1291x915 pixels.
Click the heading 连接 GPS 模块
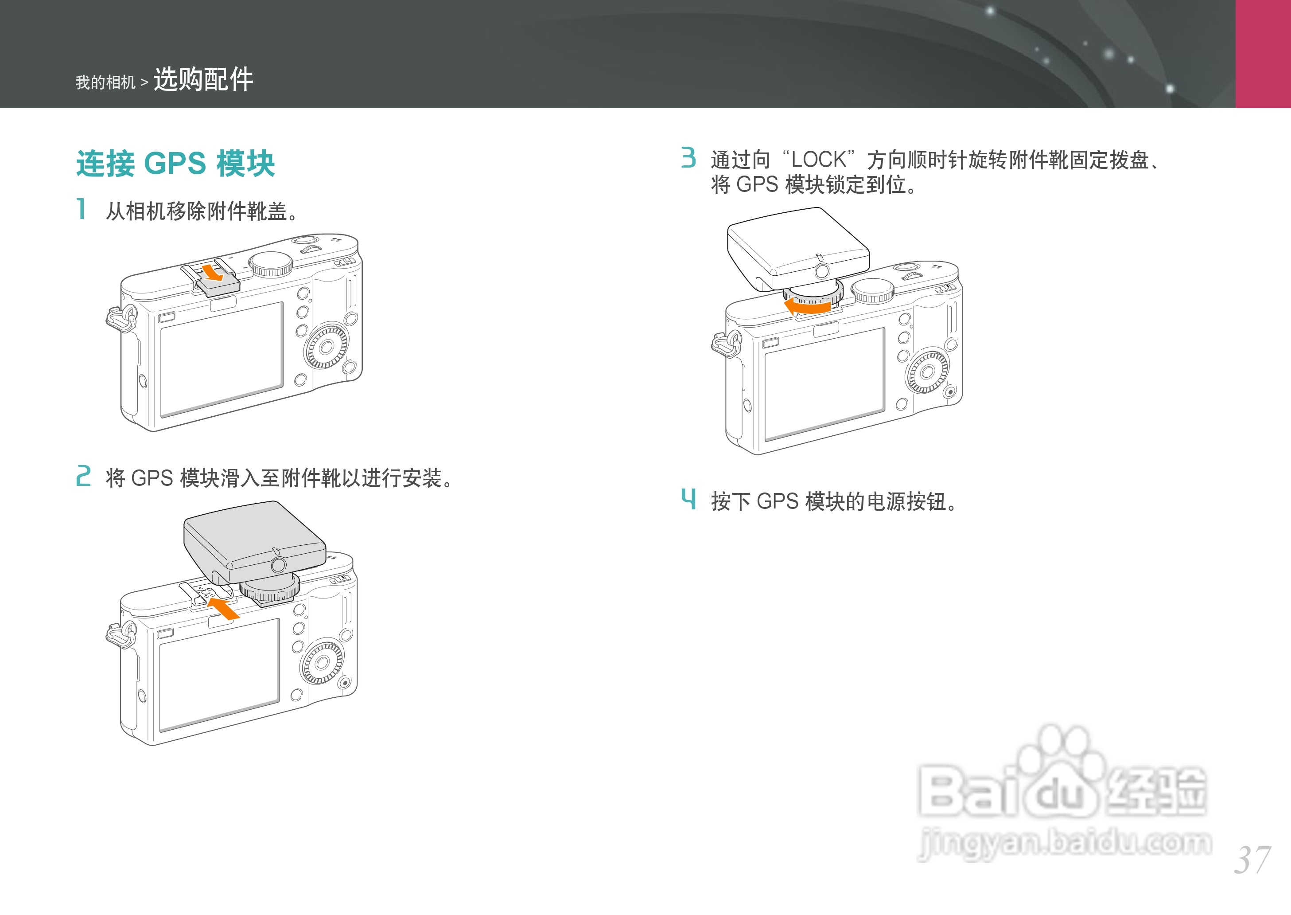click(x=175, y=164)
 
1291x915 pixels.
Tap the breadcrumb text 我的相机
click(x=105, y=83)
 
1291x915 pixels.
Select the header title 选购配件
click(x=203, y=79)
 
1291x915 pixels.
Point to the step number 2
click(x=83, y=476)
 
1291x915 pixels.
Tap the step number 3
click(x=688, y=158)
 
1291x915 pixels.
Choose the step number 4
click(x=688, y=499)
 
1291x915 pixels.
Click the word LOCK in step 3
click(x=818, y=160)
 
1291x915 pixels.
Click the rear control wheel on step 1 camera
click(x=327, y=347)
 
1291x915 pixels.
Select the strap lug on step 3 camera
click(x=726, y=344)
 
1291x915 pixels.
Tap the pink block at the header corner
click(x=1263, y=54)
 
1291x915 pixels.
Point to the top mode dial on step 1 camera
click(x=271, y=264)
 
